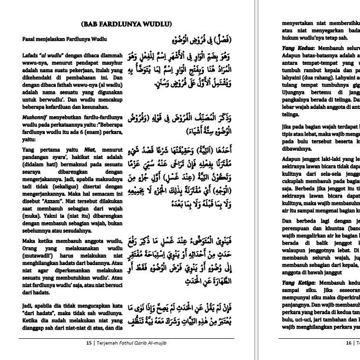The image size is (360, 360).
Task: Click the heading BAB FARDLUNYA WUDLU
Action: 128,24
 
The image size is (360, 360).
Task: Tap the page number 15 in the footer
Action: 89,344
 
